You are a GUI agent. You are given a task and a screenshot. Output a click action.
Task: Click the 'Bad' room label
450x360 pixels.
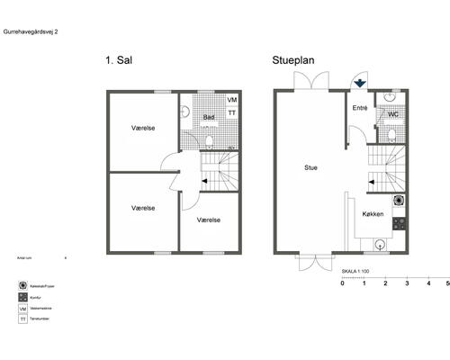[208, 118]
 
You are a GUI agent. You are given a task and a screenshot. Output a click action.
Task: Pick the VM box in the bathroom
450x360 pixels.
[231, 100]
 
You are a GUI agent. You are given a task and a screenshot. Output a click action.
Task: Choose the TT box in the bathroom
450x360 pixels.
[231, 113]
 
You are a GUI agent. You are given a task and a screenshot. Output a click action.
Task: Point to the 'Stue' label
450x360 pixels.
[310, 166]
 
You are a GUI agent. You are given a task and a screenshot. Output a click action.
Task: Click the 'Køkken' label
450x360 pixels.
[373, 215]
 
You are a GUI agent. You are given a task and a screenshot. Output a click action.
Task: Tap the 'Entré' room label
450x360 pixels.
[360, 108]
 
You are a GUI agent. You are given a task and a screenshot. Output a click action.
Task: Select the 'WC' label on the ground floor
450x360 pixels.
[393, 115]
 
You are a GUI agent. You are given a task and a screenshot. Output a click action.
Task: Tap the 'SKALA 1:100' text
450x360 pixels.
[357, 270]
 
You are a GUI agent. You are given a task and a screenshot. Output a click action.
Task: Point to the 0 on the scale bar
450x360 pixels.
[342, 283]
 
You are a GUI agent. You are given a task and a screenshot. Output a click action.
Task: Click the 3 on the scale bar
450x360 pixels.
[406, 283]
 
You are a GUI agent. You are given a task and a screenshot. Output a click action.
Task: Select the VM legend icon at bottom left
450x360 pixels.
[22, 309]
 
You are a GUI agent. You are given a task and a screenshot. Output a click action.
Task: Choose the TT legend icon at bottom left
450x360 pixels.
[22, 321]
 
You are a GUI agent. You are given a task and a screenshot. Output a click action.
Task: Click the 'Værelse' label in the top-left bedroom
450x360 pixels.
[143, 128]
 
